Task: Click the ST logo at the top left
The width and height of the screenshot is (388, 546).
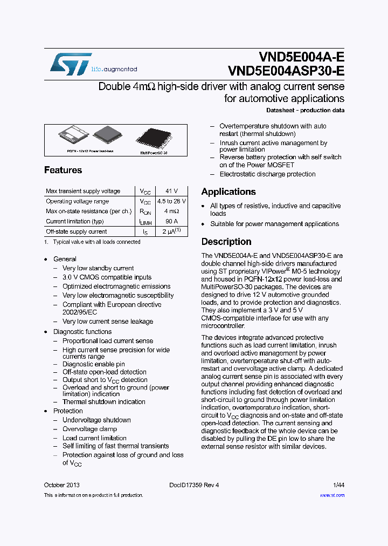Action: click(x=71, y=64)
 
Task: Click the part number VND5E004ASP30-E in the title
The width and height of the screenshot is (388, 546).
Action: click(x=286, y=71)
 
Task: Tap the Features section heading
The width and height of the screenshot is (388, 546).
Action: click(x=63, y=170)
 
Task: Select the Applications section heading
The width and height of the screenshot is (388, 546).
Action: click(x=228, y=192)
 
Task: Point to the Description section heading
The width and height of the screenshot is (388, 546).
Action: click(x=226, y=242)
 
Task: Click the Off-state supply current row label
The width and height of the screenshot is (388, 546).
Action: click(x=77, y=231)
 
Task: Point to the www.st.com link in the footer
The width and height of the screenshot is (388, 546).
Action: click(x=332, y=495)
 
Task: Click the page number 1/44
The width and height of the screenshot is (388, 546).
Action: click(x=338, y=485)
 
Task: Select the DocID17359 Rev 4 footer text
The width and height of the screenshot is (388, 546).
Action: click(x=190, y=485)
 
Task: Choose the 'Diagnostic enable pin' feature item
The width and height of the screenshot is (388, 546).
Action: click(x=93, y=364)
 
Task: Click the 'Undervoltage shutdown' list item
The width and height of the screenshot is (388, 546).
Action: click(x=96, y=420)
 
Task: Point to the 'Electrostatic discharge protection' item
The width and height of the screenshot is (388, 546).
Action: click(x=267, y=174)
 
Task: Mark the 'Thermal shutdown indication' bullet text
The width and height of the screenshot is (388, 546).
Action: click(x=103, y=401)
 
